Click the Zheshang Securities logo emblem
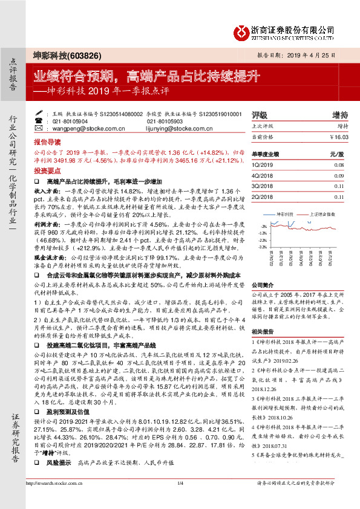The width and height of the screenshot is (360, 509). (243, 29)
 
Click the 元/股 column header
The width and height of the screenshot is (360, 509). (336, 154)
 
